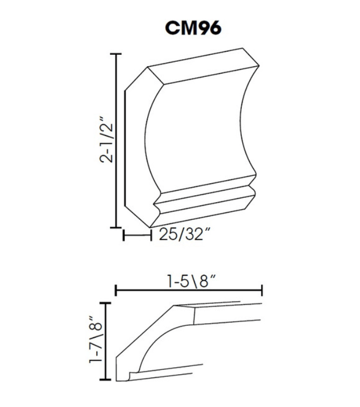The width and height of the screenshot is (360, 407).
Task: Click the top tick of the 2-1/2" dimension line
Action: tap(116, 54)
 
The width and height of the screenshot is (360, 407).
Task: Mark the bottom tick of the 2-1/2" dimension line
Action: tap(116, 227)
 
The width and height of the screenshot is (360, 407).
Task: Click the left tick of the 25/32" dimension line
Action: tap(124, 235)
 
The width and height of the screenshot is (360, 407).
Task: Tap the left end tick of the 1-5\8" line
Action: tap(116, 291)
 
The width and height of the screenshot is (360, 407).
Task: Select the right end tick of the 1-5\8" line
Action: tap(262, 291)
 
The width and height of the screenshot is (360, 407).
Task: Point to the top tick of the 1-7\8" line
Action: tap(109, 304)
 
